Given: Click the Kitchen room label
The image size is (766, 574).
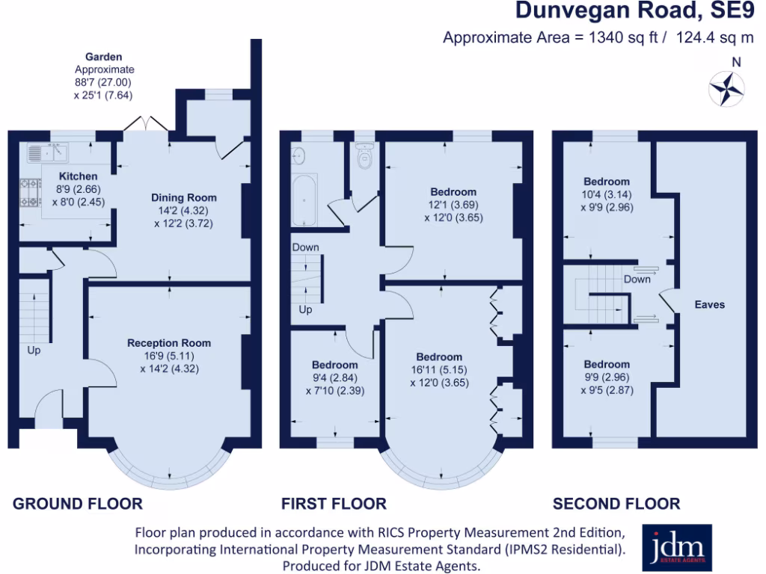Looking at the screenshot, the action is pos(78,176).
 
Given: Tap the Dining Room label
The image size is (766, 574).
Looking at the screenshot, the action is pos(184,197).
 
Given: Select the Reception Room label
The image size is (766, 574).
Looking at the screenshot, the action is pos(169,343).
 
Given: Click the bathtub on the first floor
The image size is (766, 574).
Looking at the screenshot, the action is pos(305,200).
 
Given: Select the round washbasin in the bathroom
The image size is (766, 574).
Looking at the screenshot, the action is pos(298,155).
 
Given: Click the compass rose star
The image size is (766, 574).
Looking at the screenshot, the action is pos(726,89).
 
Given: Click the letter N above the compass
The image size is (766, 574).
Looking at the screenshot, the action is pos(736,63).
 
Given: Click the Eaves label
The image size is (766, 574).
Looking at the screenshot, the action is pos(709,305).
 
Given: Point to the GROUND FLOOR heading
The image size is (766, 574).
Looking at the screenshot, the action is pos(78,504).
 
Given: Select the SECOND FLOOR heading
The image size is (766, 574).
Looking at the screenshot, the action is pos(616,504).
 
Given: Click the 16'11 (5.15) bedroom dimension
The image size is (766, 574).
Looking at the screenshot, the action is pos(439,370).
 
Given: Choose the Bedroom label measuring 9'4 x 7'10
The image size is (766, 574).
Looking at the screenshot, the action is pos(334,365).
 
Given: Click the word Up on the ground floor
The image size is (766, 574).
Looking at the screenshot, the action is pos(34,350).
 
